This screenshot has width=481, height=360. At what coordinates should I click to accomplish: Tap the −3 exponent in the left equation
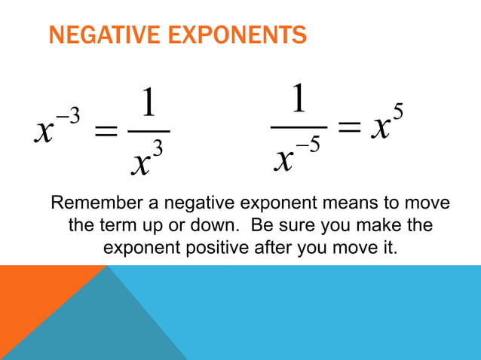pos(67,115)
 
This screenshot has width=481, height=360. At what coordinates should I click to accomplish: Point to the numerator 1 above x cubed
pos(149,105)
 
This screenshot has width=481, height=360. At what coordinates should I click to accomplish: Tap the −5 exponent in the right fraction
pos(309,145)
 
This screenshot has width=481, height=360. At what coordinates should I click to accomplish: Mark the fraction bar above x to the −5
pos(299,127)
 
